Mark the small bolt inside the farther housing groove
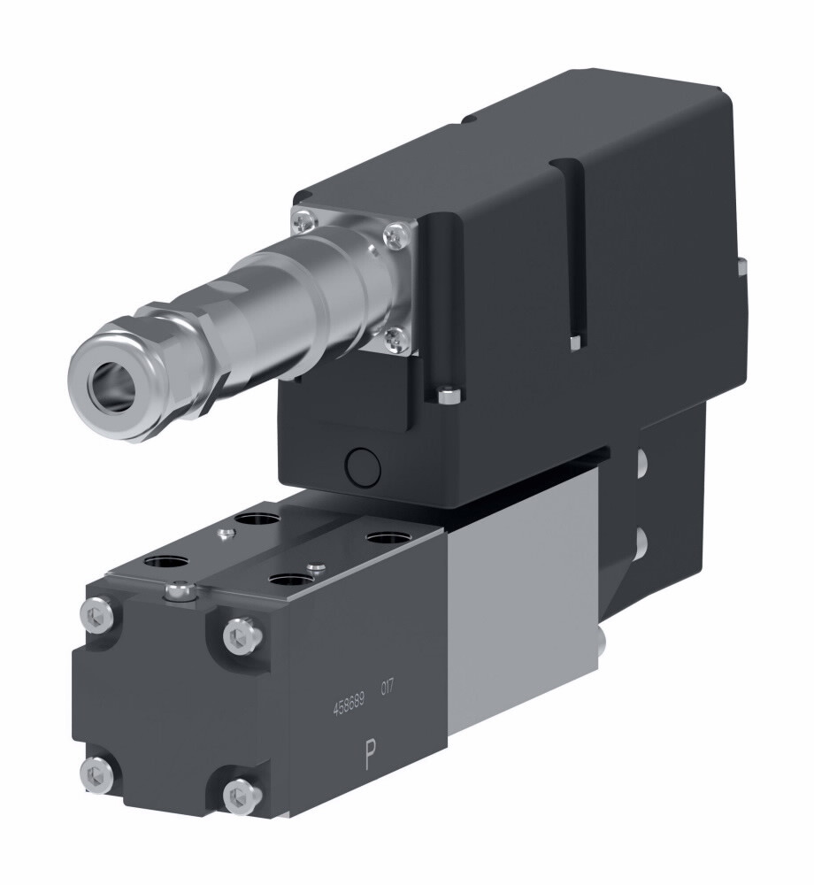pos(576,341)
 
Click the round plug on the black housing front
pos(360,463)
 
